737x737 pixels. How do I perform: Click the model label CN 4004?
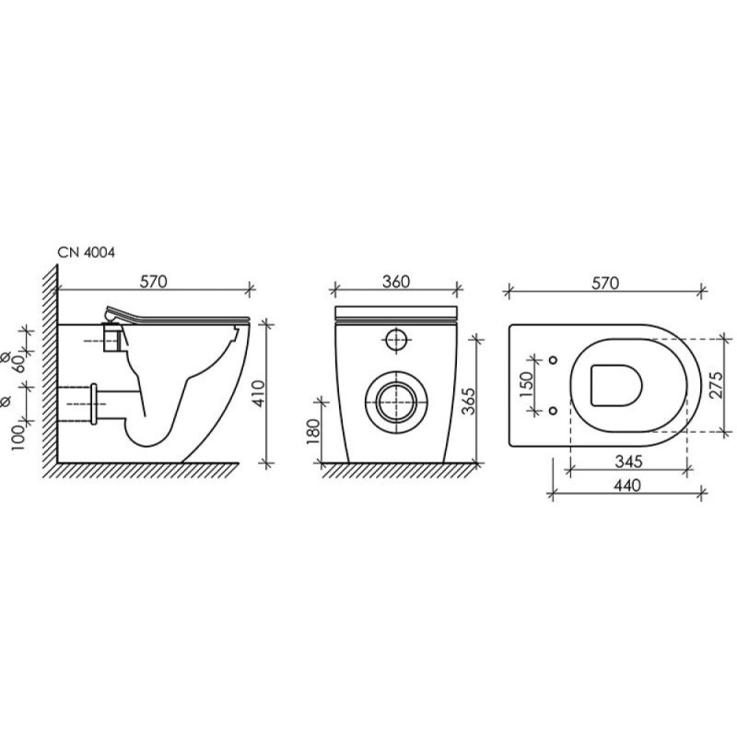[x=86, y=252]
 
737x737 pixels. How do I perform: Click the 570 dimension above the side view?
[x=154, y=282]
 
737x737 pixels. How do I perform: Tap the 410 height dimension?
[x=259, y=393]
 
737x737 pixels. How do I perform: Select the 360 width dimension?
[x=396, y=282]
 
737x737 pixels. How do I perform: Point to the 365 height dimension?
[x=468, y=401]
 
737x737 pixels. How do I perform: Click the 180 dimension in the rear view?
[x=312, y=431]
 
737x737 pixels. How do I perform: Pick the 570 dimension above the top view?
[x=605, y=283]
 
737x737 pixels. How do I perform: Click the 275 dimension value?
[x=717, y=385]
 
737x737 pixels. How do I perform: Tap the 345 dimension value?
[x=628, y=462]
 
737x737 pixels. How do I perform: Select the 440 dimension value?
[x=627, y=485]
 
